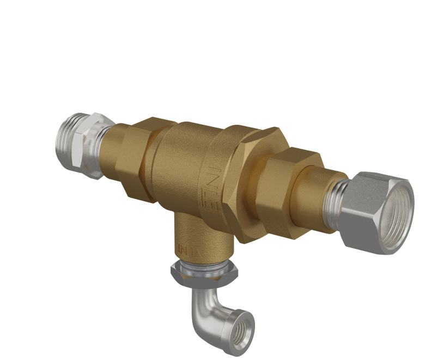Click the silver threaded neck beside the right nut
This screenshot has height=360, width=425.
(x=336, y=202)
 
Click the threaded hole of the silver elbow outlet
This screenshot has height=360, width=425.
(x=241, y=327)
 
